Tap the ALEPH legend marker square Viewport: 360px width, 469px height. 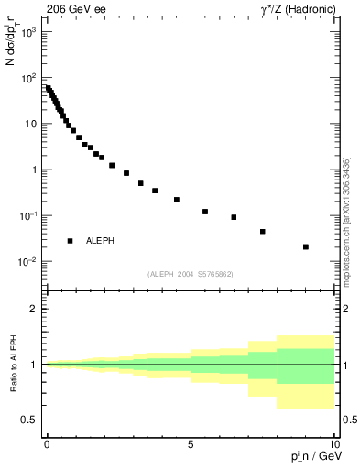tap(71, 241)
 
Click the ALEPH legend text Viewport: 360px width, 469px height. tap(101, 241)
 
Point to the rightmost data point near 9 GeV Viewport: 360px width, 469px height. tap(306, 246)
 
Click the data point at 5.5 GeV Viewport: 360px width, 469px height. tap(205, 212)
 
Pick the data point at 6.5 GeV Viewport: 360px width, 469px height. tap(235, 217)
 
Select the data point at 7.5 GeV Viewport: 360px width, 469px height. tap(263, 232)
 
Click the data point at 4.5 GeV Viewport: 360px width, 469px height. tap(177, 200)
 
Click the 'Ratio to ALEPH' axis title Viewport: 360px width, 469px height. tap(14, 365)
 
